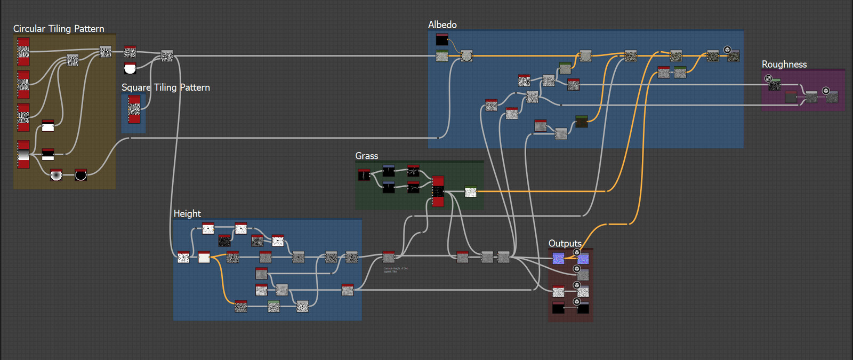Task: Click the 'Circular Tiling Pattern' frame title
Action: tap(59, 29)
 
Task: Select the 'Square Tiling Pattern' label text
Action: tap(165, 87)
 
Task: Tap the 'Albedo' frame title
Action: tap(442, 25)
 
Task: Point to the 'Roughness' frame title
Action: tap(784, 64)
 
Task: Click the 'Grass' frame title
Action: tap(366, 156)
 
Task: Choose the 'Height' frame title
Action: tap(187, 213)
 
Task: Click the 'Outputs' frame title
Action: tap(565, 243)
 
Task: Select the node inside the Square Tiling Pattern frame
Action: tap(134, 109)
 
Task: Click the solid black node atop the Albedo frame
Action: tap(442, 39)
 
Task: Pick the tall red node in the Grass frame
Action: tap(438, 191)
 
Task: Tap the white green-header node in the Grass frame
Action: tap(470, 191)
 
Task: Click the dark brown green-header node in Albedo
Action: tap(581, 122)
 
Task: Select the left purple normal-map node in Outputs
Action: tap(558, 259)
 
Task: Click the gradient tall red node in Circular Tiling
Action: tap(23, 155)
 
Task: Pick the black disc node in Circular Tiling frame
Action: tap(81, 175)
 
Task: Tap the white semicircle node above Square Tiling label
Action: tap(130, 68)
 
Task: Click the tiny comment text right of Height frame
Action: tap(395, 270)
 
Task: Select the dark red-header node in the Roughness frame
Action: tap(790, 97)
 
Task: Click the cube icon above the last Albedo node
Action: tap(727, 50)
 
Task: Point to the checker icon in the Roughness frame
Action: tap(768, 78)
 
